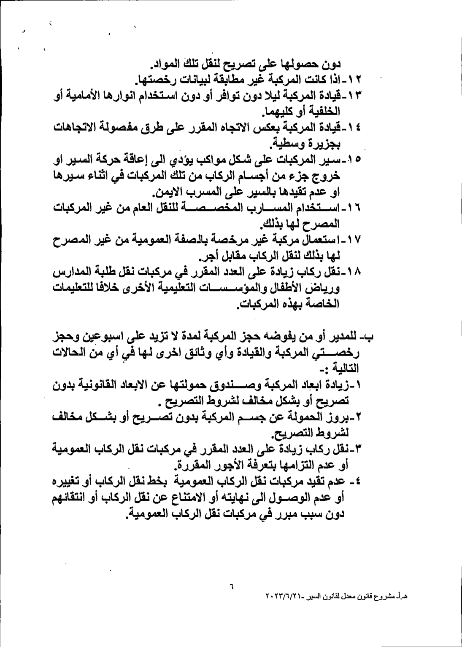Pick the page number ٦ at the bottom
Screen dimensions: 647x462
pos(231,586)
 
